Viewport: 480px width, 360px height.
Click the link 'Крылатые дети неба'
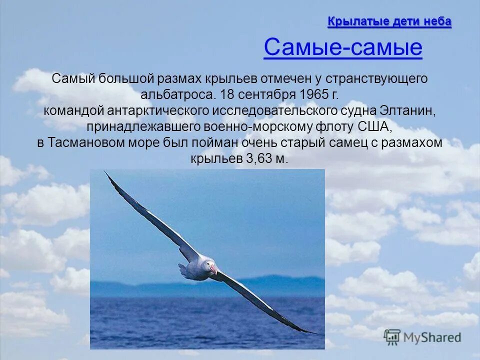(x=389, y=21)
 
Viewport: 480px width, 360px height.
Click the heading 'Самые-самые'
(x=342, y=48)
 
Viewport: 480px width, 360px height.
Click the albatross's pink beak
(x=213, y=270)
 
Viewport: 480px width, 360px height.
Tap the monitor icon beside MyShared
(x=392, y=336)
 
